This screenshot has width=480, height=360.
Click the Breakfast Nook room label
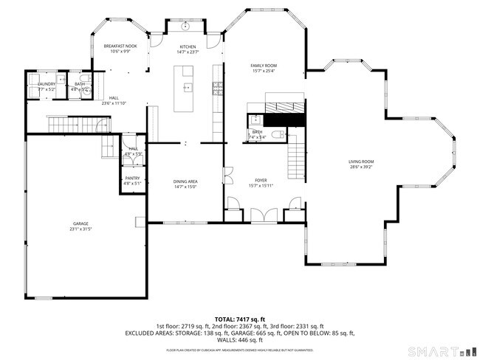pos(120,46)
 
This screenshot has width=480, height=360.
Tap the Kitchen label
pos(187,46)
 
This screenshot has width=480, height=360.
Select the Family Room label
pos(263,66)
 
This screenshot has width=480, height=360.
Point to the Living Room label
pos(361,162)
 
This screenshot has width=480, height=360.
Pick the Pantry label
pos(132,178)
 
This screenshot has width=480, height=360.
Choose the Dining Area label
pos(185,181)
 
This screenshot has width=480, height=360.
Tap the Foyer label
pos(261,180)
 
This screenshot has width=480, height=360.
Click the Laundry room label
pos(47,85)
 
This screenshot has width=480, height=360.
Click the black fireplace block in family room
pos(284,118)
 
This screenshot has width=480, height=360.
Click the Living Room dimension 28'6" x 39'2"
pos(361,167)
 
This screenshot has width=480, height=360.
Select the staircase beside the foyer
pos(295,156)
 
